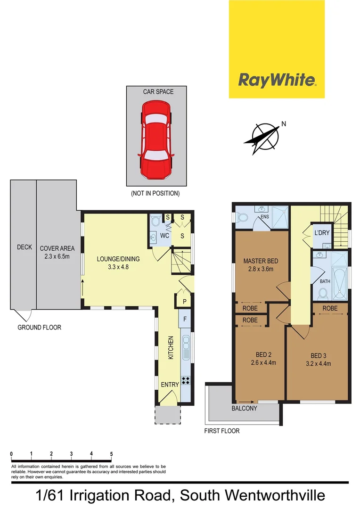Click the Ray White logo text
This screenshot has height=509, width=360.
point(277,80)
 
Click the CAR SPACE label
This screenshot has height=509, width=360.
point(158,91)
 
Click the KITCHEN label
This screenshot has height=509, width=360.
point(171,348)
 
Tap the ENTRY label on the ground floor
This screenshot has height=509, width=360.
point(170,385)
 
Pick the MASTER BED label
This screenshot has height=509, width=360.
point(261,261)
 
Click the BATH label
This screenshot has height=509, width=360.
point(325,281)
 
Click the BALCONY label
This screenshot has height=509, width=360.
point(244,408)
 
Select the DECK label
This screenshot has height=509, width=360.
point(24,246)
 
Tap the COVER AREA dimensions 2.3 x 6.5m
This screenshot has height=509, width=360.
point(57,257)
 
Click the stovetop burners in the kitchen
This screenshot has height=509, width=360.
point(186,380)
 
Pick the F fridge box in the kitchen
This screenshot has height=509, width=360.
point(185,319)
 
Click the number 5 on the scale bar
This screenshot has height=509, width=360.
point(111,454)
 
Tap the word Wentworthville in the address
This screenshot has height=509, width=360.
point(275,496)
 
